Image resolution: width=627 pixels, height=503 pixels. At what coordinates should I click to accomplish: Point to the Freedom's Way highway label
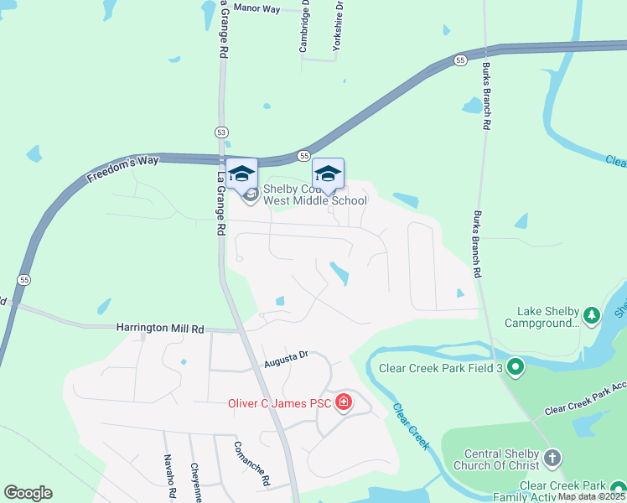[119, 169]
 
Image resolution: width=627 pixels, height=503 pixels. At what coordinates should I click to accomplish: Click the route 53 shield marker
[220, 132]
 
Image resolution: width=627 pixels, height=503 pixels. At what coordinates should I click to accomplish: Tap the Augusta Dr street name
[286, 359]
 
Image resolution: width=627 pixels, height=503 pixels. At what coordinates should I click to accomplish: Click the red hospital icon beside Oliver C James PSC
[343, 404]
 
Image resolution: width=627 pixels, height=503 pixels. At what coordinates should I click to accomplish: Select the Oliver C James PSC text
[281, 404]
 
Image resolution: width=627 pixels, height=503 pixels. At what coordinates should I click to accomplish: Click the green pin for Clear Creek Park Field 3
[515, 367]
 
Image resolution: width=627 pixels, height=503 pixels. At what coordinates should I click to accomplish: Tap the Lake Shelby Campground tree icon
[592, 315]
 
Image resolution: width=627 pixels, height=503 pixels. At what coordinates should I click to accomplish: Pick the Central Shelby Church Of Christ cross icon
[552, 458]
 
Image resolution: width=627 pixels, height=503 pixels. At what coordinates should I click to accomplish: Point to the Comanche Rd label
[251, 464]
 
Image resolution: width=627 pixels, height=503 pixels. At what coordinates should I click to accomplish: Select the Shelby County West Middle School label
[314, 195]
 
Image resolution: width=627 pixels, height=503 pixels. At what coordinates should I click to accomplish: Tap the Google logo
[28, 493]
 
